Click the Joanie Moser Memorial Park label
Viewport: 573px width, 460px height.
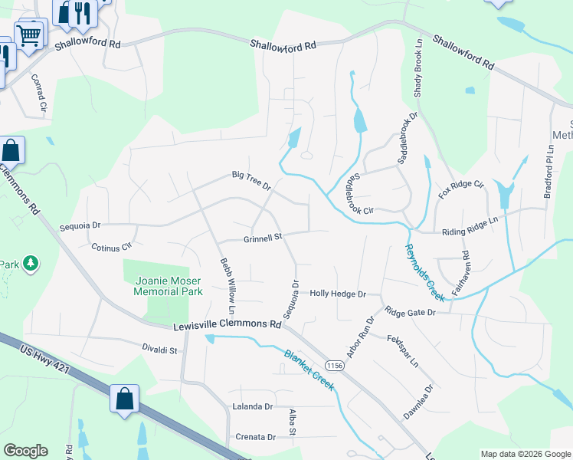point(168,287)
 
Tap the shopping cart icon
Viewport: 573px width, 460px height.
point(28,34)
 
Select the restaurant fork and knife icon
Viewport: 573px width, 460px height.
point(82,12)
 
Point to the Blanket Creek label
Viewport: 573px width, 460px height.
point(309,370)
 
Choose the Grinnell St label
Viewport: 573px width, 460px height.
point(264,238)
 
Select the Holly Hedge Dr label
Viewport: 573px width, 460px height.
point(339,294)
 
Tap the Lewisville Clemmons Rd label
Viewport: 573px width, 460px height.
point(227,325)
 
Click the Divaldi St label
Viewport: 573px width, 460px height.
point(159,350)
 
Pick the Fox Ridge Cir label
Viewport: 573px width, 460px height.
point(462,189)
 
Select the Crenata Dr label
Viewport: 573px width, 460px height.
point(255,437)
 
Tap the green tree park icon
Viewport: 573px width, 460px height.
point(31,264)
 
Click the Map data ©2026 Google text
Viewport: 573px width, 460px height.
point(524,454)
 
